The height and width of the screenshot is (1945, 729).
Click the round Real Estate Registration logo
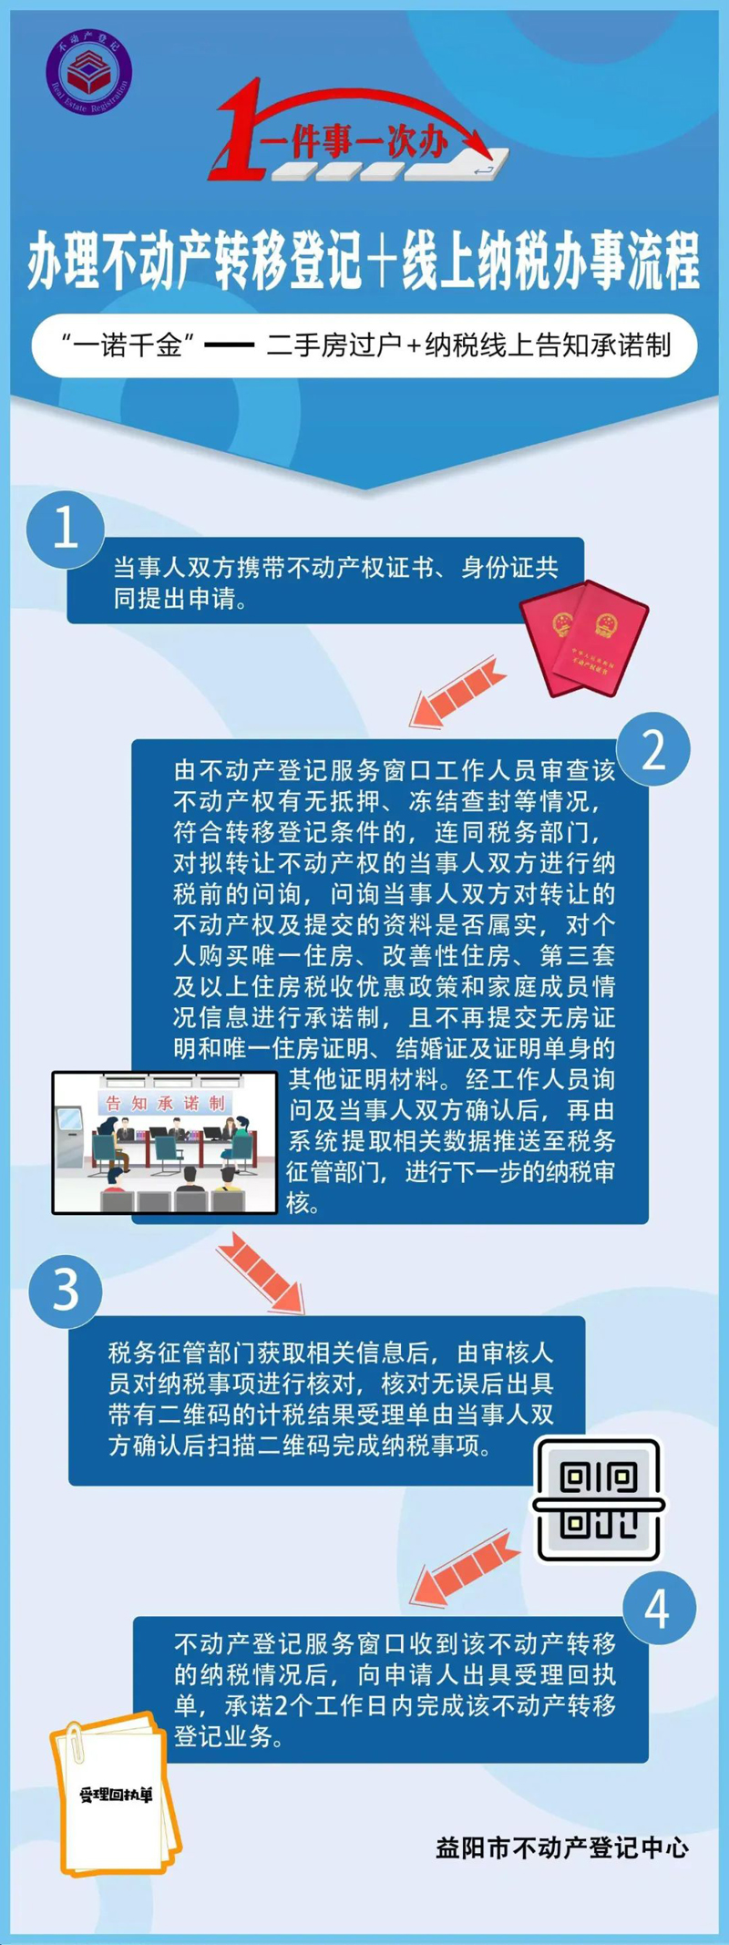point(88,71)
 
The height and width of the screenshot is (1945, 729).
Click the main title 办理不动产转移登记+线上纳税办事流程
point(364,262)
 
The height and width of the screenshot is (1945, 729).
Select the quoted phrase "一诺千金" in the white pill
point(131,345)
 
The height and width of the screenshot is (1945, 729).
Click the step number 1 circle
point(66,528)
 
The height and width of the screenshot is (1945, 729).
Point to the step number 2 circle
point(653,749)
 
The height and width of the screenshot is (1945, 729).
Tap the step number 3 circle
point(66,1290)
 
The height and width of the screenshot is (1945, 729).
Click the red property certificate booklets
point(584,637)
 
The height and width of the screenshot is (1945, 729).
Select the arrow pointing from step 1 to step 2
point(456,695)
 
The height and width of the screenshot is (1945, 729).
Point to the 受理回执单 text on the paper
point(116,1795)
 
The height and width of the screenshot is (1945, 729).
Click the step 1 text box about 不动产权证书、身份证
point(325,581)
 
